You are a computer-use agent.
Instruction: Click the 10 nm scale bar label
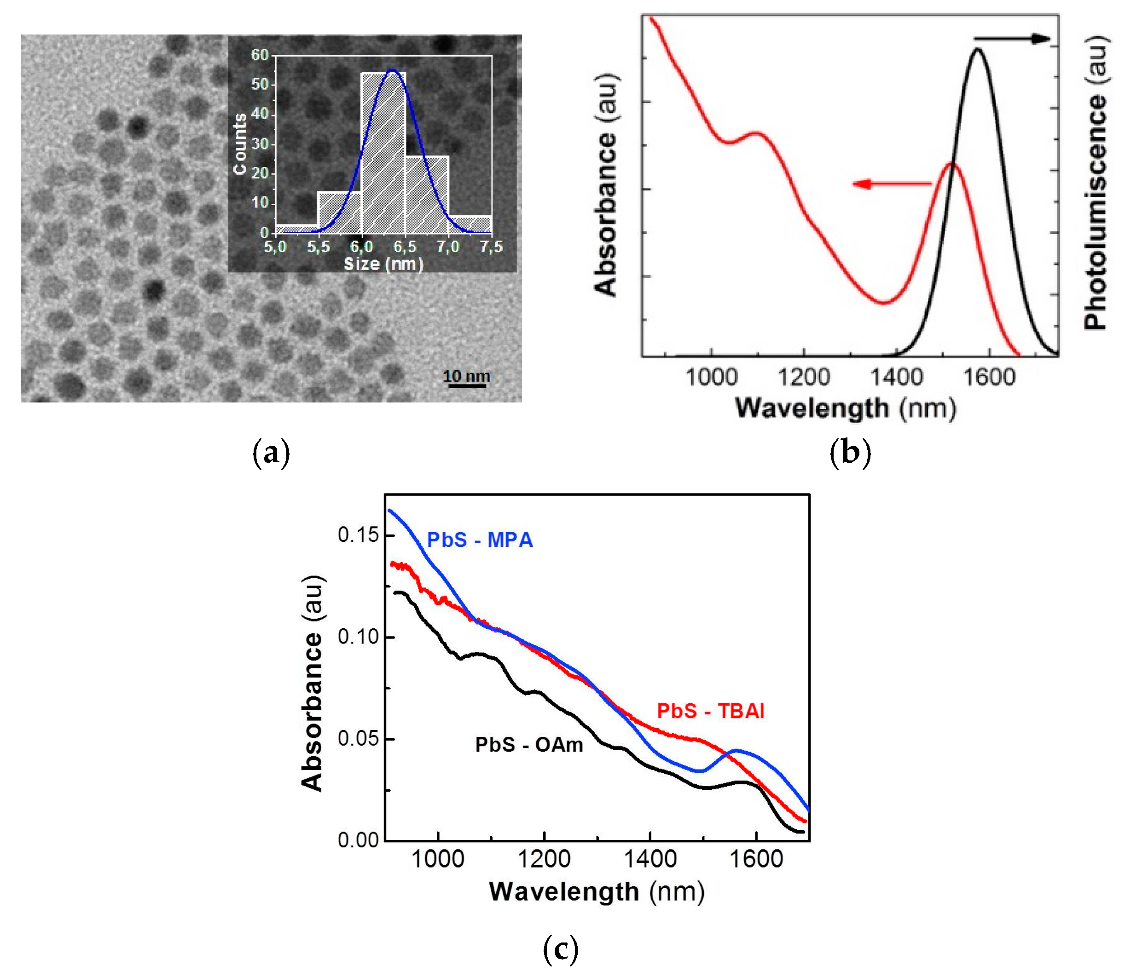point(466,376)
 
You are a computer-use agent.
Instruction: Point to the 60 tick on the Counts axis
point(260,55)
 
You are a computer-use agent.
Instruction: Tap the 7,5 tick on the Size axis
point(491,247)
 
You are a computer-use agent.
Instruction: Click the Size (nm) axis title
point(383,264)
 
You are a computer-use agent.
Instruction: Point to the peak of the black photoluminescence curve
point(978,50)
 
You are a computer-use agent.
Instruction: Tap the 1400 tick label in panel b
point(896,377)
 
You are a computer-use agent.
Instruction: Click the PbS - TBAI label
point(710,711)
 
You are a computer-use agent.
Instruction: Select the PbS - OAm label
point(529,745)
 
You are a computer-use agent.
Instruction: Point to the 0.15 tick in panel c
point(359,535)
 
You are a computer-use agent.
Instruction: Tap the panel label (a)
point(272,453)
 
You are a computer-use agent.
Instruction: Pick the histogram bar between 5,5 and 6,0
point(339,213)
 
